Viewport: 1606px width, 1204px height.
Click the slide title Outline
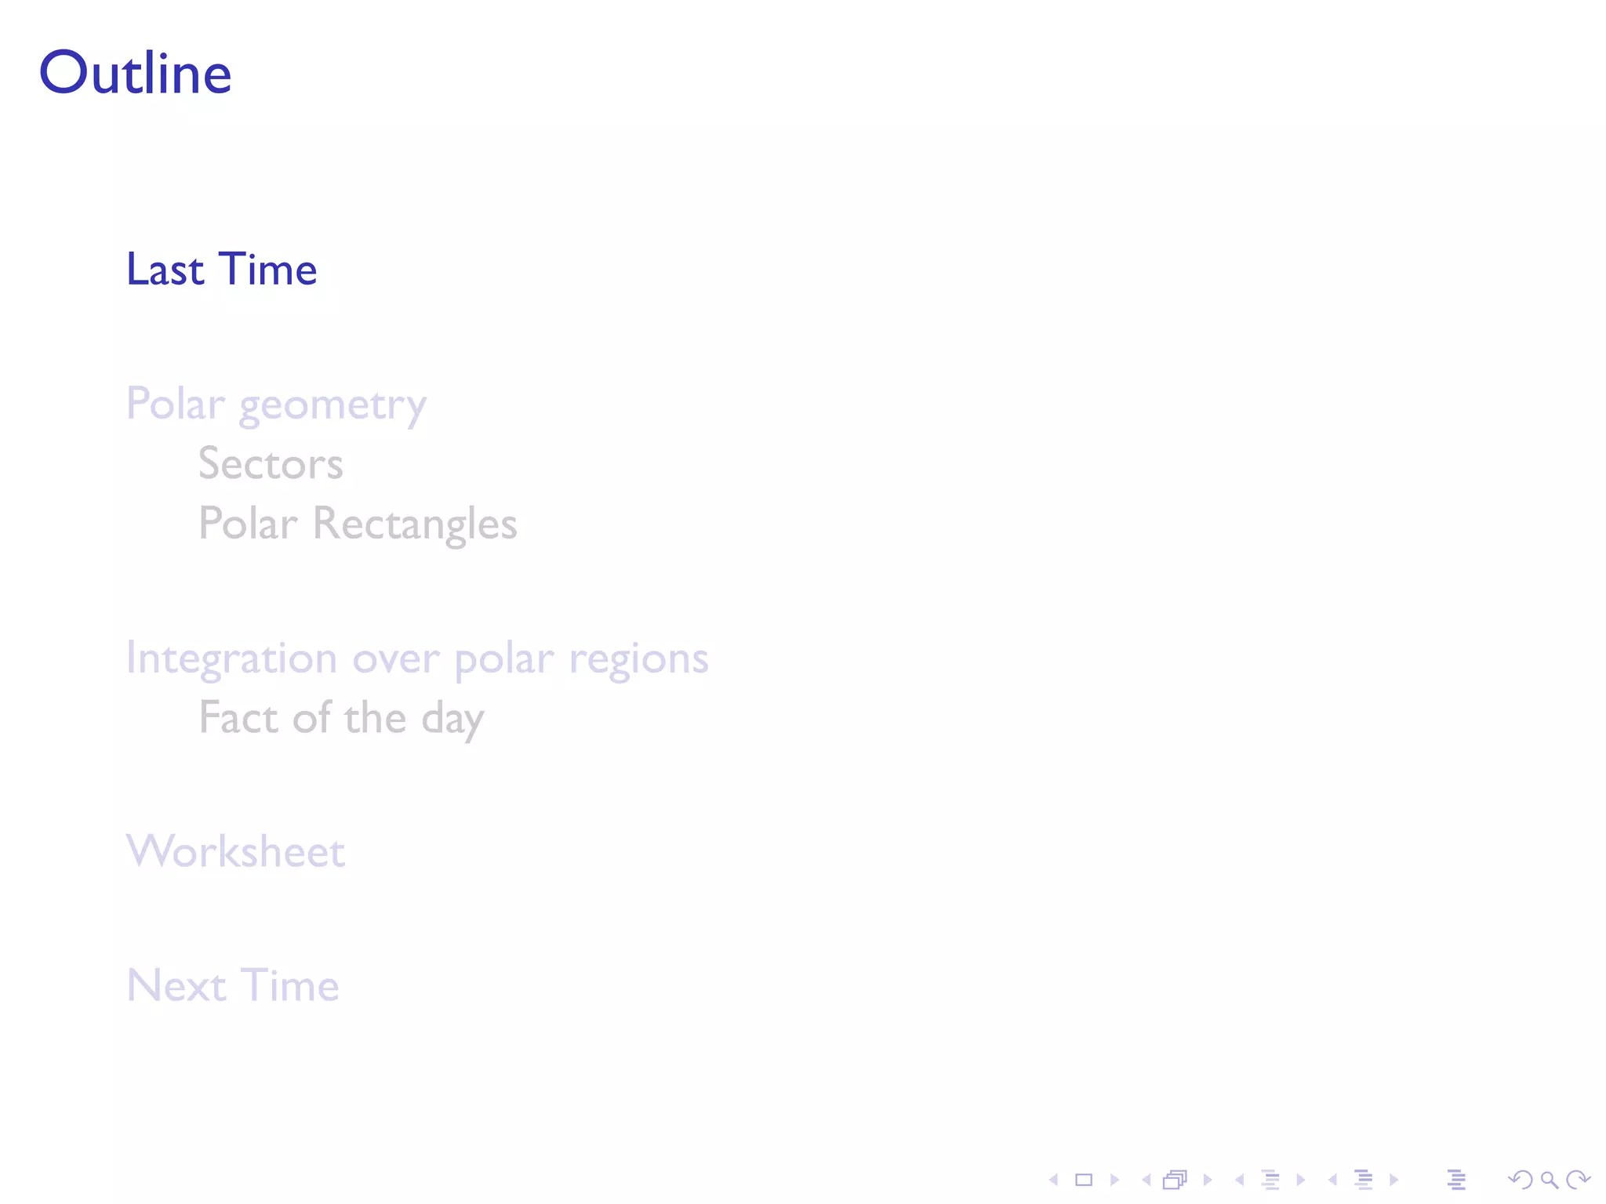tap(135, 73)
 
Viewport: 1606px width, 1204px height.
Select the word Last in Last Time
tap(165, 270)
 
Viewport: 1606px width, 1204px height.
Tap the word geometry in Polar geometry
tap(332, 406)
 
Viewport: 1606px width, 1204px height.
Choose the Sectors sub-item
tap(271, 463)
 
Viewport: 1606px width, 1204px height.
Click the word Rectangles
tap(415, 524)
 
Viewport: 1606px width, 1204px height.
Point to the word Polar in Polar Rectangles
tap(248, 524)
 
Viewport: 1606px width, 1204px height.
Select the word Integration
tap(231, 658)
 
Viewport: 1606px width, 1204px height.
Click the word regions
tap(638, 658)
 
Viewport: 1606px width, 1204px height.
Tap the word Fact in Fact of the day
tap(238, 718)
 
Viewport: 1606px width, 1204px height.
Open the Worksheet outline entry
tap(235, 851)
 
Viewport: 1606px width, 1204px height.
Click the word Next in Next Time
tap(176, 985)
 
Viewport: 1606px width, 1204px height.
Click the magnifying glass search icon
tap(1549, 1180)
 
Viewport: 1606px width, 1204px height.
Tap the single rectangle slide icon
tap(1084, 1180)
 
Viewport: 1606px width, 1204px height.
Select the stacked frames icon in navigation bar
tap(1175, 1180)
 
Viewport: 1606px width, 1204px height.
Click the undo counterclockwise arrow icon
tap(1520, 1180)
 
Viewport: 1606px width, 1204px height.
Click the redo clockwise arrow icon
tap(1578, 1180)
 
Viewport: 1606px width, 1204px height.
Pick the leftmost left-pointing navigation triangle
tap(1054, 1180)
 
